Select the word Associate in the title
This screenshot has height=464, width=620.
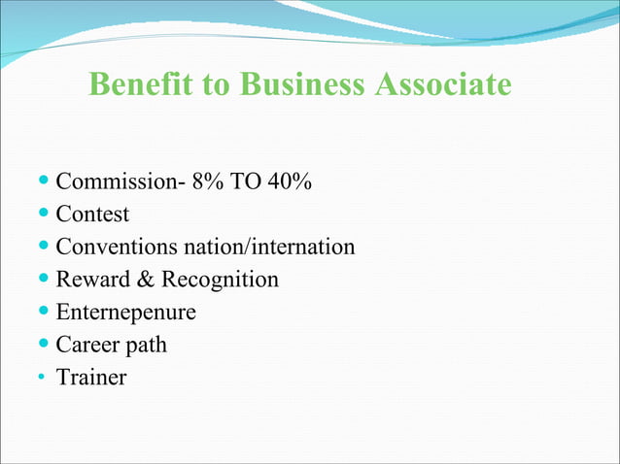441,84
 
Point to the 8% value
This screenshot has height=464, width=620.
207,182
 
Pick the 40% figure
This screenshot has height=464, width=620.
290,182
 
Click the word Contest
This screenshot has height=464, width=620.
92,214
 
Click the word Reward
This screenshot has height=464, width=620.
90,280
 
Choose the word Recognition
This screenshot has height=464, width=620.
220,280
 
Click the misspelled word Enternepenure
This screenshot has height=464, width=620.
125,313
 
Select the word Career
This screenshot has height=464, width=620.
86,345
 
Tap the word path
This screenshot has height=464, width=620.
145,345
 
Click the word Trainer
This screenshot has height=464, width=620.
91,378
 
